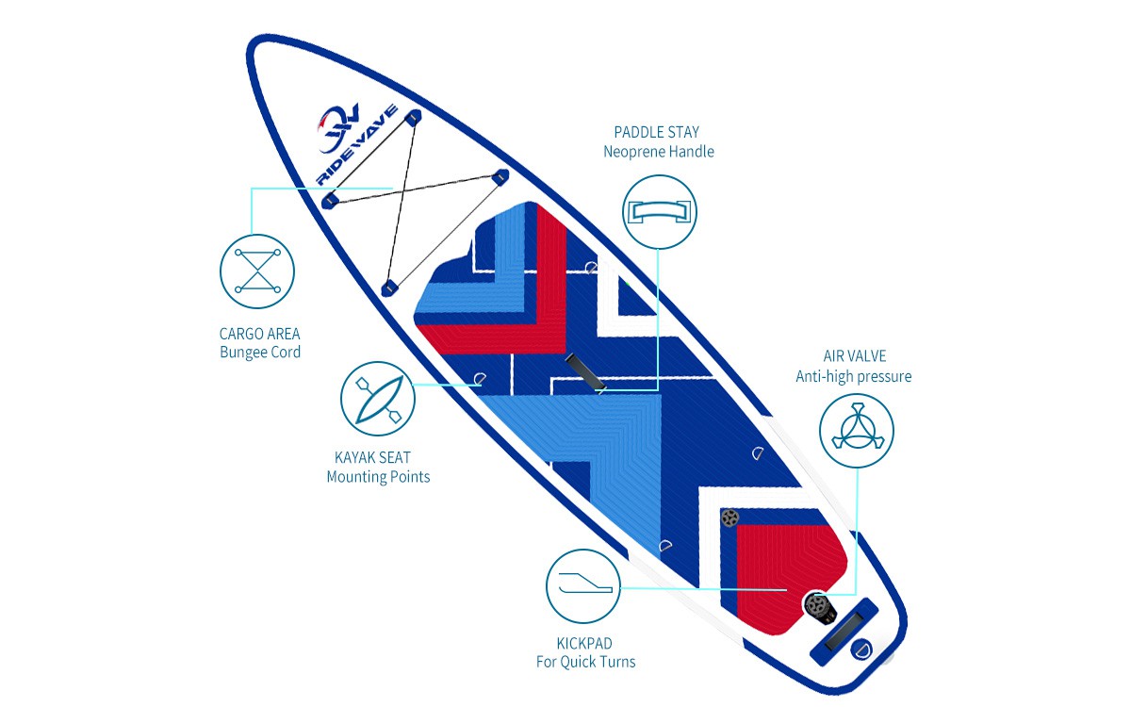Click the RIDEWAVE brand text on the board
356,145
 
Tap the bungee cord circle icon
257,271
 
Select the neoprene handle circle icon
660,212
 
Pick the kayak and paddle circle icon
378,399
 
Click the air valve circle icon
857,431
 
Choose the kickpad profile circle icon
583,586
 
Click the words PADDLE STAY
656,132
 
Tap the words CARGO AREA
259,334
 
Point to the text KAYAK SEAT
372,457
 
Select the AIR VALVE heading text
854,356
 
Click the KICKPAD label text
584,643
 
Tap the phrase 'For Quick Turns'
585,662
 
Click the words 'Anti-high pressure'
854,376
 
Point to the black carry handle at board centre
585,373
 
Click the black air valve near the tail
819,608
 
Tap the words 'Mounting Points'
378,477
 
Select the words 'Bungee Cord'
260,352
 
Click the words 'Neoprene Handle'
659,152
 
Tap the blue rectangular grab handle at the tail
844,632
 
